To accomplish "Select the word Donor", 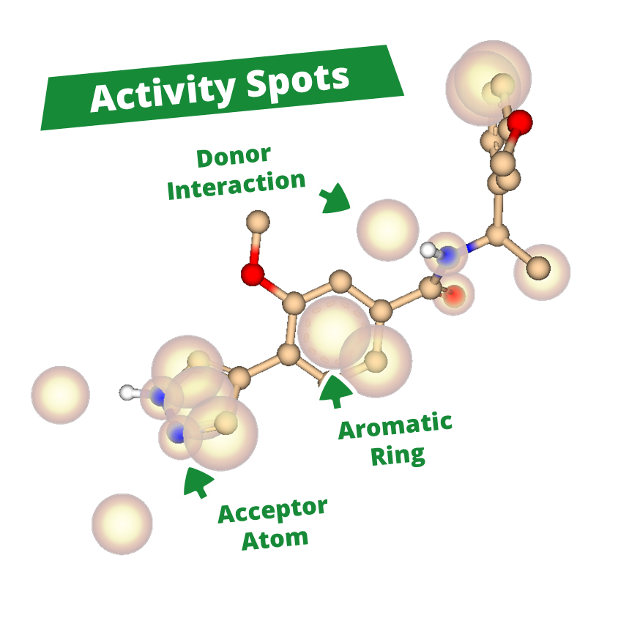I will coord(234,156).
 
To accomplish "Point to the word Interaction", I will coord(236,185).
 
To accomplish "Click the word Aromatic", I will coord(395,427).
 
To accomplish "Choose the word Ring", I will coord(398,455).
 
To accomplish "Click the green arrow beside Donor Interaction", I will coord(334,198).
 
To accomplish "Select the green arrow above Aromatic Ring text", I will coord(333,389).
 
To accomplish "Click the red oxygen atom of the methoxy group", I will coord(253,275).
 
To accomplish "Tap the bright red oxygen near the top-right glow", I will coord(520,122).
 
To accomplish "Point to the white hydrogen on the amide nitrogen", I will coord(428,250).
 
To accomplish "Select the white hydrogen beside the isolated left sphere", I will coord(128,392).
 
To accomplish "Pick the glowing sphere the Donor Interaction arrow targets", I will coord(387,230).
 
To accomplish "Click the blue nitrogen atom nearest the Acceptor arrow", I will coord(176,434).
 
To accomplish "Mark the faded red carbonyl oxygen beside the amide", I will coord(454,295).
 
